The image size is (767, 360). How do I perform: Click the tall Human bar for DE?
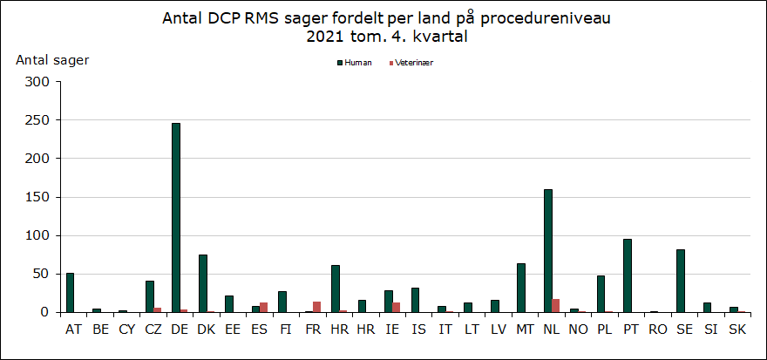pyautogui.click(x=176, y=218)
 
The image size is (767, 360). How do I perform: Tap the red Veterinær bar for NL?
pyautogui.click(x=556, y=306)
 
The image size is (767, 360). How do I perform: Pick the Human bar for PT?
pyautogui.click(x=628, y=275)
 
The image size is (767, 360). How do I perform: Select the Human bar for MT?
pyautogui.click(x=521, y=288)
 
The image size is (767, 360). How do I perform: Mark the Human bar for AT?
pyautogui.click(x=71, y=293)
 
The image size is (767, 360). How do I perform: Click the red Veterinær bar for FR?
pyautogui.click(x=317, y=307)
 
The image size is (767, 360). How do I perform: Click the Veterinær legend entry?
pyautogui.click(x=413, y=63)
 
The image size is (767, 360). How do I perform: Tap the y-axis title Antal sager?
pyautogui.click(x=52, y=59)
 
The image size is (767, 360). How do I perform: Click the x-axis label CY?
pyautogui.click(x=127, y=329)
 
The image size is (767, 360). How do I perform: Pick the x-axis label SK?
pyautogui.click(x=737, y=329)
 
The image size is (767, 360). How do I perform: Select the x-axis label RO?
pyautogui.click(x=658, y=329)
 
